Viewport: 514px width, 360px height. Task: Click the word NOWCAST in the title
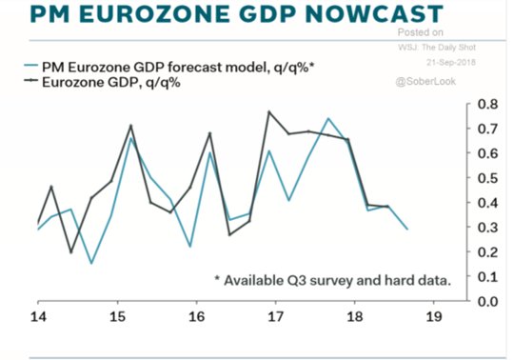coord(374,13)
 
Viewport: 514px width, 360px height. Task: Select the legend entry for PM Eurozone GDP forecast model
coord(169,68)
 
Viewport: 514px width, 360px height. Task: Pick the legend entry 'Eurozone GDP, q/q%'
coord(102,82)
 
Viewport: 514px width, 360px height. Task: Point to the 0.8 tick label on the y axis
coord(487,104)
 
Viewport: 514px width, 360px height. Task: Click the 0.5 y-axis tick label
coord(487,178)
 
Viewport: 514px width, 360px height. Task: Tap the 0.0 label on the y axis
coord(487,301)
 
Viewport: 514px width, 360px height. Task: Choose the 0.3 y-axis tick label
coord(487,228)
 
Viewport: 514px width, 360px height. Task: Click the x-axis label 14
coord(38,317)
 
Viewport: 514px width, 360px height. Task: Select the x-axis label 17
coord(275,317)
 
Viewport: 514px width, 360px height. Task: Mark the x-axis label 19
coord(434,317)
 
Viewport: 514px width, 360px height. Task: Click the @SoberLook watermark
coord(425,81)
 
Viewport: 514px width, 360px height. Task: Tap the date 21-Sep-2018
coord(451,62)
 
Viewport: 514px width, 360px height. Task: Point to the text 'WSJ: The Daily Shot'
coord(437,48)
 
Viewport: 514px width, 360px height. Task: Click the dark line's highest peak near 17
coord(269,111)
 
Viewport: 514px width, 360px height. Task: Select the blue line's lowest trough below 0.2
coord(91,263)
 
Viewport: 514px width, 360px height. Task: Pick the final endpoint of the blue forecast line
coord(407,229)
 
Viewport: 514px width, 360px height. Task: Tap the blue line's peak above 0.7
coord(328,118)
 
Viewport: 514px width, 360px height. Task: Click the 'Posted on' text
coord(421,32)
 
